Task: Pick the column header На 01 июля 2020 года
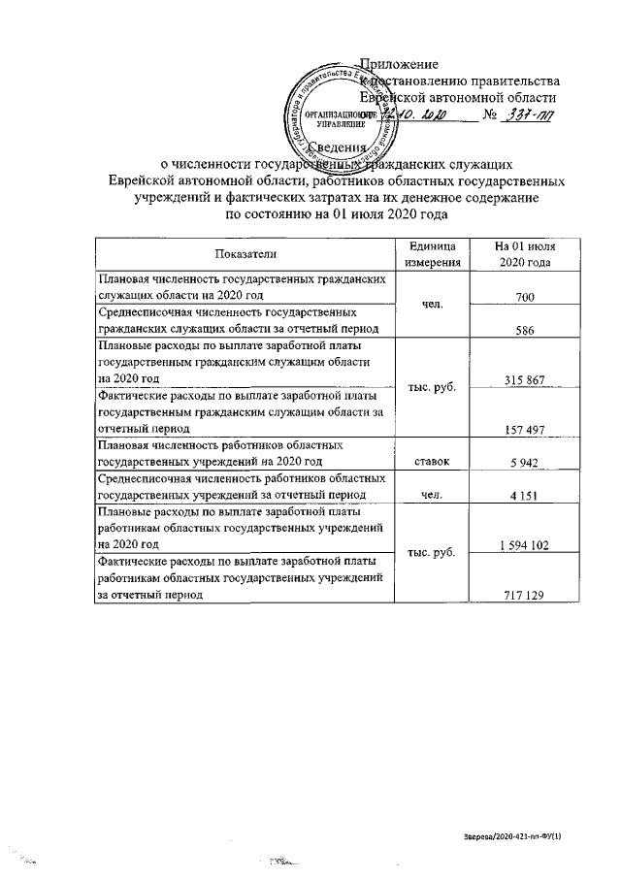tap(525, 254)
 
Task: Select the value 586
tap(525, 329)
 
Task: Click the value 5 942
tap(525, 462)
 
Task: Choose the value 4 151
tap(525, 496)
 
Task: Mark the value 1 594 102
tap(525, 546)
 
